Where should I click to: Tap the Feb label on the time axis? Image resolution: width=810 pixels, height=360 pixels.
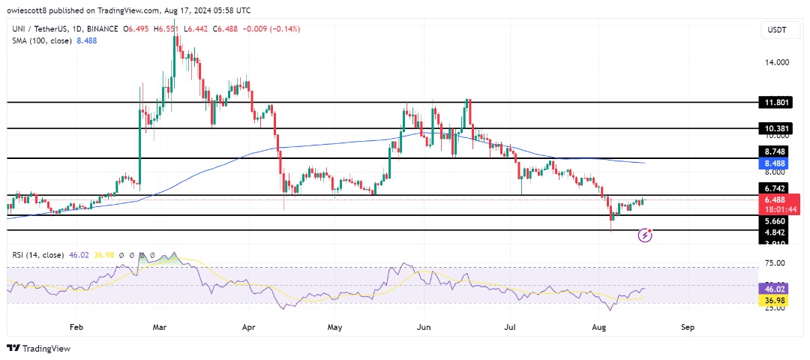(76, 327)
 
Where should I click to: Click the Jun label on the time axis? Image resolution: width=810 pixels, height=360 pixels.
(422, 327)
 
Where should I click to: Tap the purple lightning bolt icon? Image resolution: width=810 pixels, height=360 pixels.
(645, 235)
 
